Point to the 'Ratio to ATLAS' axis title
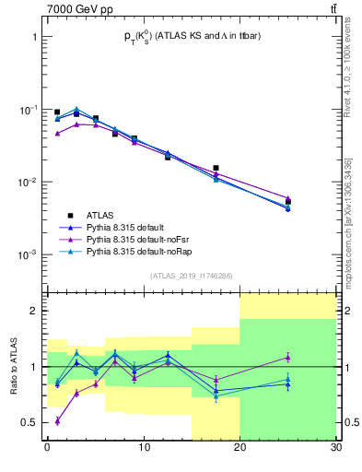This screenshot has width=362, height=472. pos(12,366)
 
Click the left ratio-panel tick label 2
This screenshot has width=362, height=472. pos(33,311)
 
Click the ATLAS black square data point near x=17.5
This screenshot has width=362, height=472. pos(216,168)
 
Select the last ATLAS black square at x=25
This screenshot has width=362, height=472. pos(287,202)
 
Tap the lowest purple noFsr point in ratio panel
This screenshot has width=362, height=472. pos(57,420)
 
